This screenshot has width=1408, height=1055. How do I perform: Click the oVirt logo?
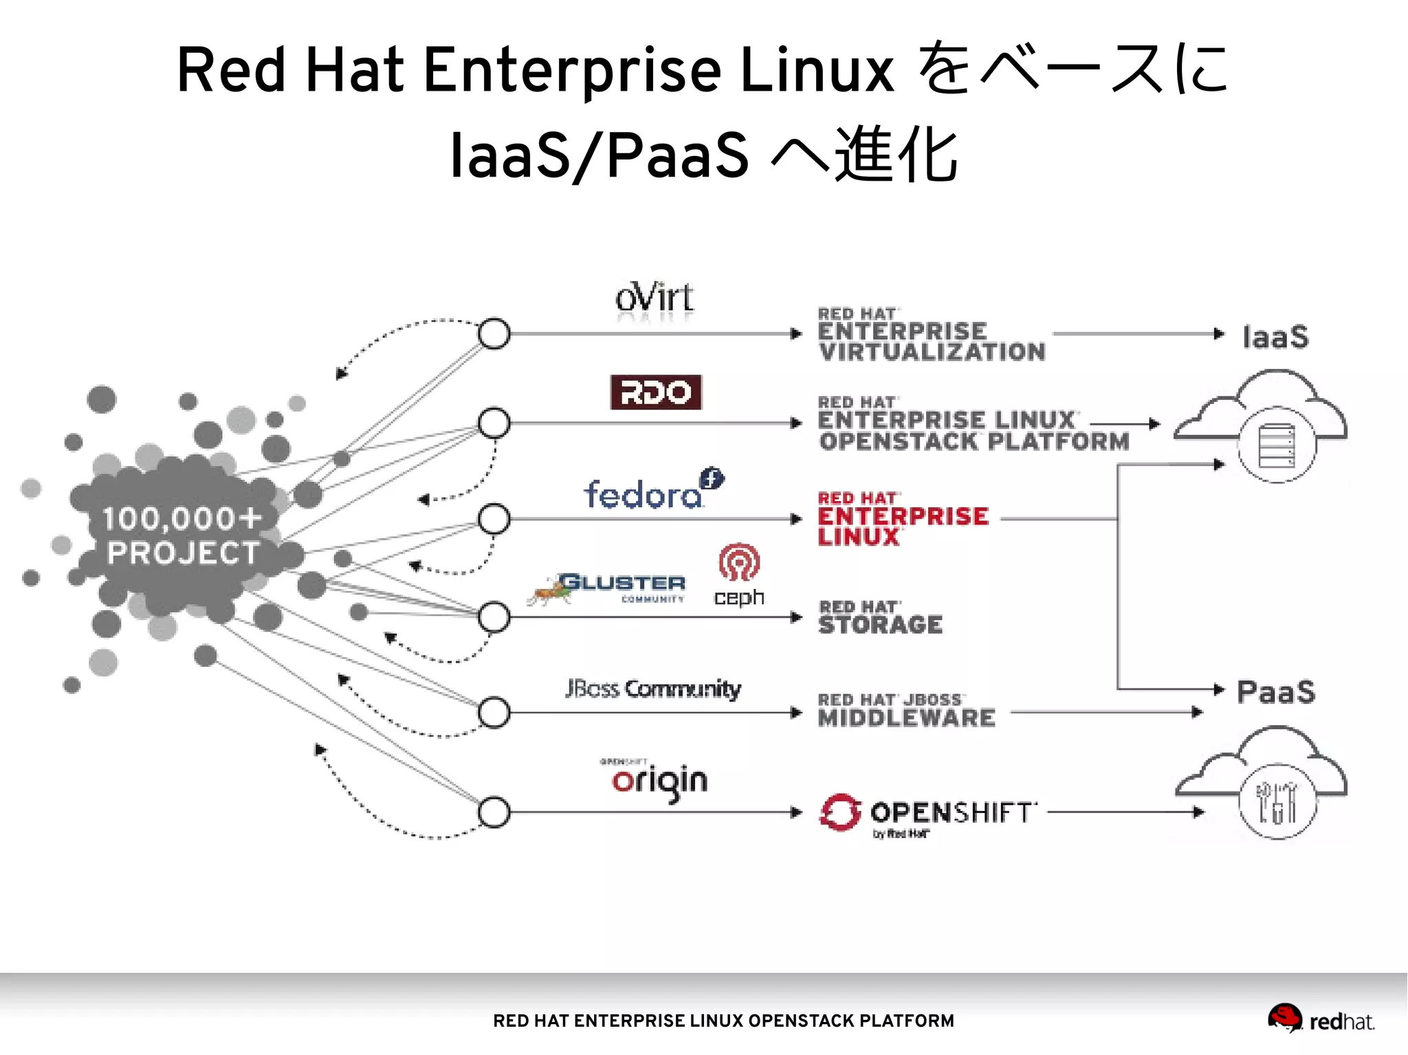[654, 300]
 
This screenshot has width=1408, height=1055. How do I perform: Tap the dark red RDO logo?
[656, 392]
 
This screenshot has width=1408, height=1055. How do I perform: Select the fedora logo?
[651, 491]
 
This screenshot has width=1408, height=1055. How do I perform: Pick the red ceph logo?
[739, 575]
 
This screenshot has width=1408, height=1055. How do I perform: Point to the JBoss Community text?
[653, 689]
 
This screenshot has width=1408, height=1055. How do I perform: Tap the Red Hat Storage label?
[880, 618]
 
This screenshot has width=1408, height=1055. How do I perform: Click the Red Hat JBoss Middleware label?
[905, 711]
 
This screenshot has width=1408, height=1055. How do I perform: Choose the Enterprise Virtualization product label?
[930, 335]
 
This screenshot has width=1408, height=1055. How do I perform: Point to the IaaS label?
[1275, 337]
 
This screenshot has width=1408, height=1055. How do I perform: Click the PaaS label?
[1275, 692]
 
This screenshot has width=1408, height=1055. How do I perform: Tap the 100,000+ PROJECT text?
[182, 536]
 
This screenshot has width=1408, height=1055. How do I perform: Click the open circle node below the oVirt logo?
[494, 334]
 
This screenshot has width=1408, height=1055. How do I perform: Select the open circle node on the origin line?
[494, 812]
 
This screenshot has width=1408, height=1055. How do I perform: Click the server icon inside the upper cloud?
[1277, 445]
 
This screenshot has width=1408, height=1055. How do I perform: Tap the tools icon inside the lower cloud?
[1277, 802]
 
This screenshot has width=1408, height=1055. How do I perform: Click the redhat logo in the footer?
[1321, 1020]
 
